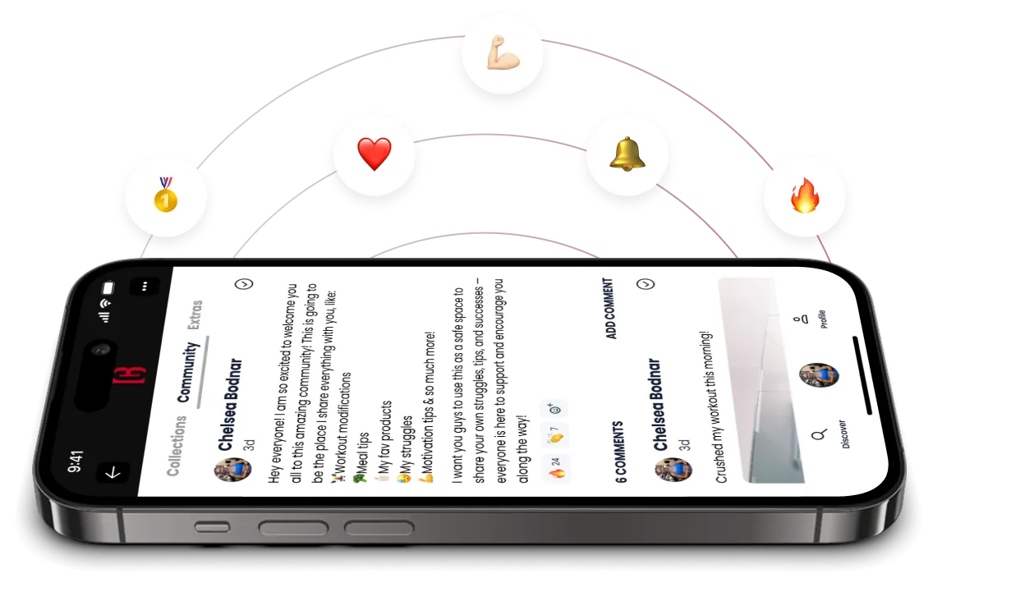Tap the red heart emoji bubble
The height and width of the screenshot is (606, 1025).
[374, 154]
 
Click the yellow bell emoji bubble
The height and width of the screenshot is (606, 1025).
[627, 154]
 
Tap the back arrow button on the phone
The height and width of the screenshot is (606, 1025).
[113, 472]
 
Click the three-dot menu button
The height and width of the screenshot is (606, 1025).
[145, 286]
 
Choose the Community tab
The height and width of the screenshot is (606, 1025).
[188, 372]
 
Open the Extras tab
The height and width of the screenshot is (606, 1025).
[195, 314]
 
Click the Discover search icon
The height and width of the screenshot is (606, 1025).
[818, 435]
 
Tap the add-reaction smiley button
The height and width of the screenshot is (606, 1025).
[555, 408]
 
